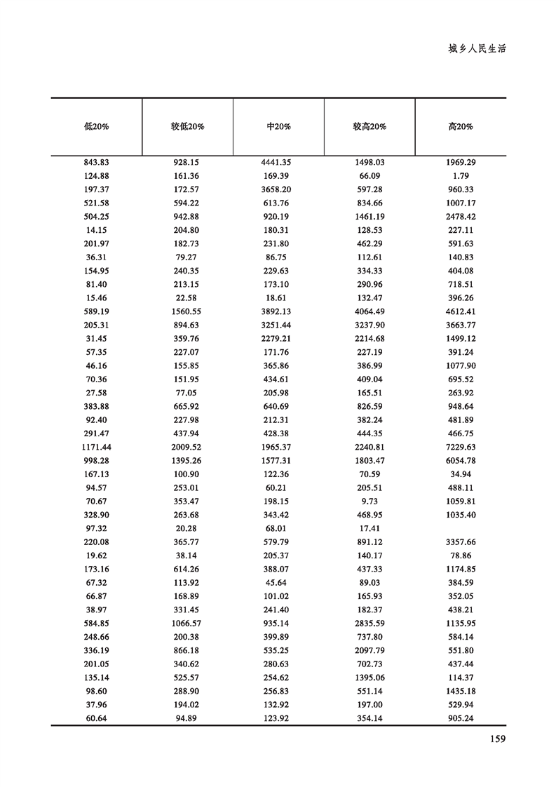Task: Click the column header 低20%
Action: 96,127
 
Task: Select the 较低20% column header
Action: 187,127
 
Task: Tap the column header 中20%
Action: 278,127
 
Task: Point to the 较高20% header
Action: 369,127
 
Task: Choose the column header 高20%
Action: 461,127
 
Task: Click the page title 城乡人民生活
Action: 477,50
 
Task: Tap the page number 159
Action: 496,739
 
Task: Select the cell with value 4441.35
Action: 278,163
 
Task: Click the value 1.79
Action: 461,176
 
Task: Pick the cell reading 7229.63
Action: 461,447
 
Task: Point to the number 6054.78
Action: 461,461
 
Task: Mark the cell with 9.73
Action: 369,501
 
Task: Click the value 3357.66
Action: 461,542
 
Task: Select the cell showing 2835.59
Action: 369,623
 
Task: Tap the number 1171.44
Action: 96,447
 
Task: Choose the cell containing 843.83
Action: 96,163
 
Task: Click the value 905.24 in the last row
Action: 461,718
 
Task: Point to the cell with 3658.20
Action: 278,189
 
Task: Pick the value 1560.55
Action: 187,311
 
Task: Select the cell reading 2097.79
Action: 369,650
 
